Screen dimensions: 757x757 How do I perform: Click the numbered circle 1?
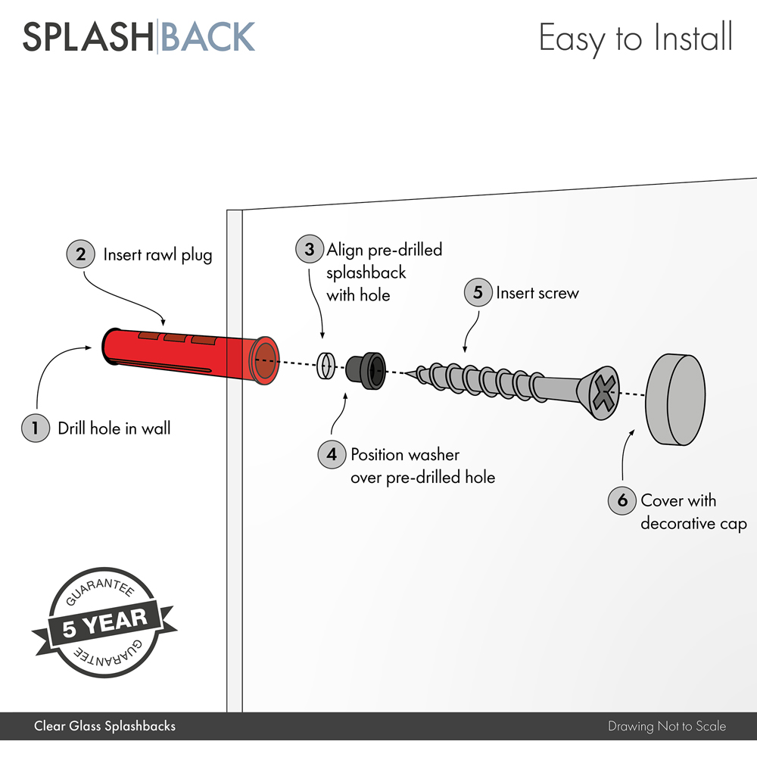tap(35, 428)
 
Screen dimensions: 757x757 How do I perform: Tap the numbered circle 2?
tap(80, 254)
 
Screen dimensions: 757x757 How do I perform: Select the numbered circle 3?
tap(309, 249)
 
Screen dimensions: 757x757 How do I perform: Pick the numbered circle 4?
tap(332, 455)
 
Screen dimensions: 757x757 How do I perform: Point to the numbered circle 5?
tap(478, 292)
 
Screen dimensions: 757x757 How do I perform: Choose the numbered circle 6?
tap(622, 500)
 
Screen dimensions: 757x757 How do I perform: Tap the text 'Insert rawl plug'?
tap(157, 254)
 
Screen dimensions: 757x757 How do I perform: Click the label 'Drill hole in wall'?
tap(114, 428)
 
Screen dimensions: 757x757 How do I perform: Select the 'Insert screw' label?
tap(537, 292)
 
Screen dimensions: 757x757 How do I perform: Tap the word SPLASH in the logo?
tap(88, 37)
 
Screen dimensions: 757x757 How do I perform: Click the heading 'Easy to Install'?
tap(635, 38)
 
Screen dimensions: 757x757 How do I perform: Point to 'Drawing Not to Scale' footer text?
tap(666, 727)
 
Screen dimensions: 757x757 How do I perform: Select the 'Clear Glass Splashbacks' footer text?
tap(104, 727)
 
